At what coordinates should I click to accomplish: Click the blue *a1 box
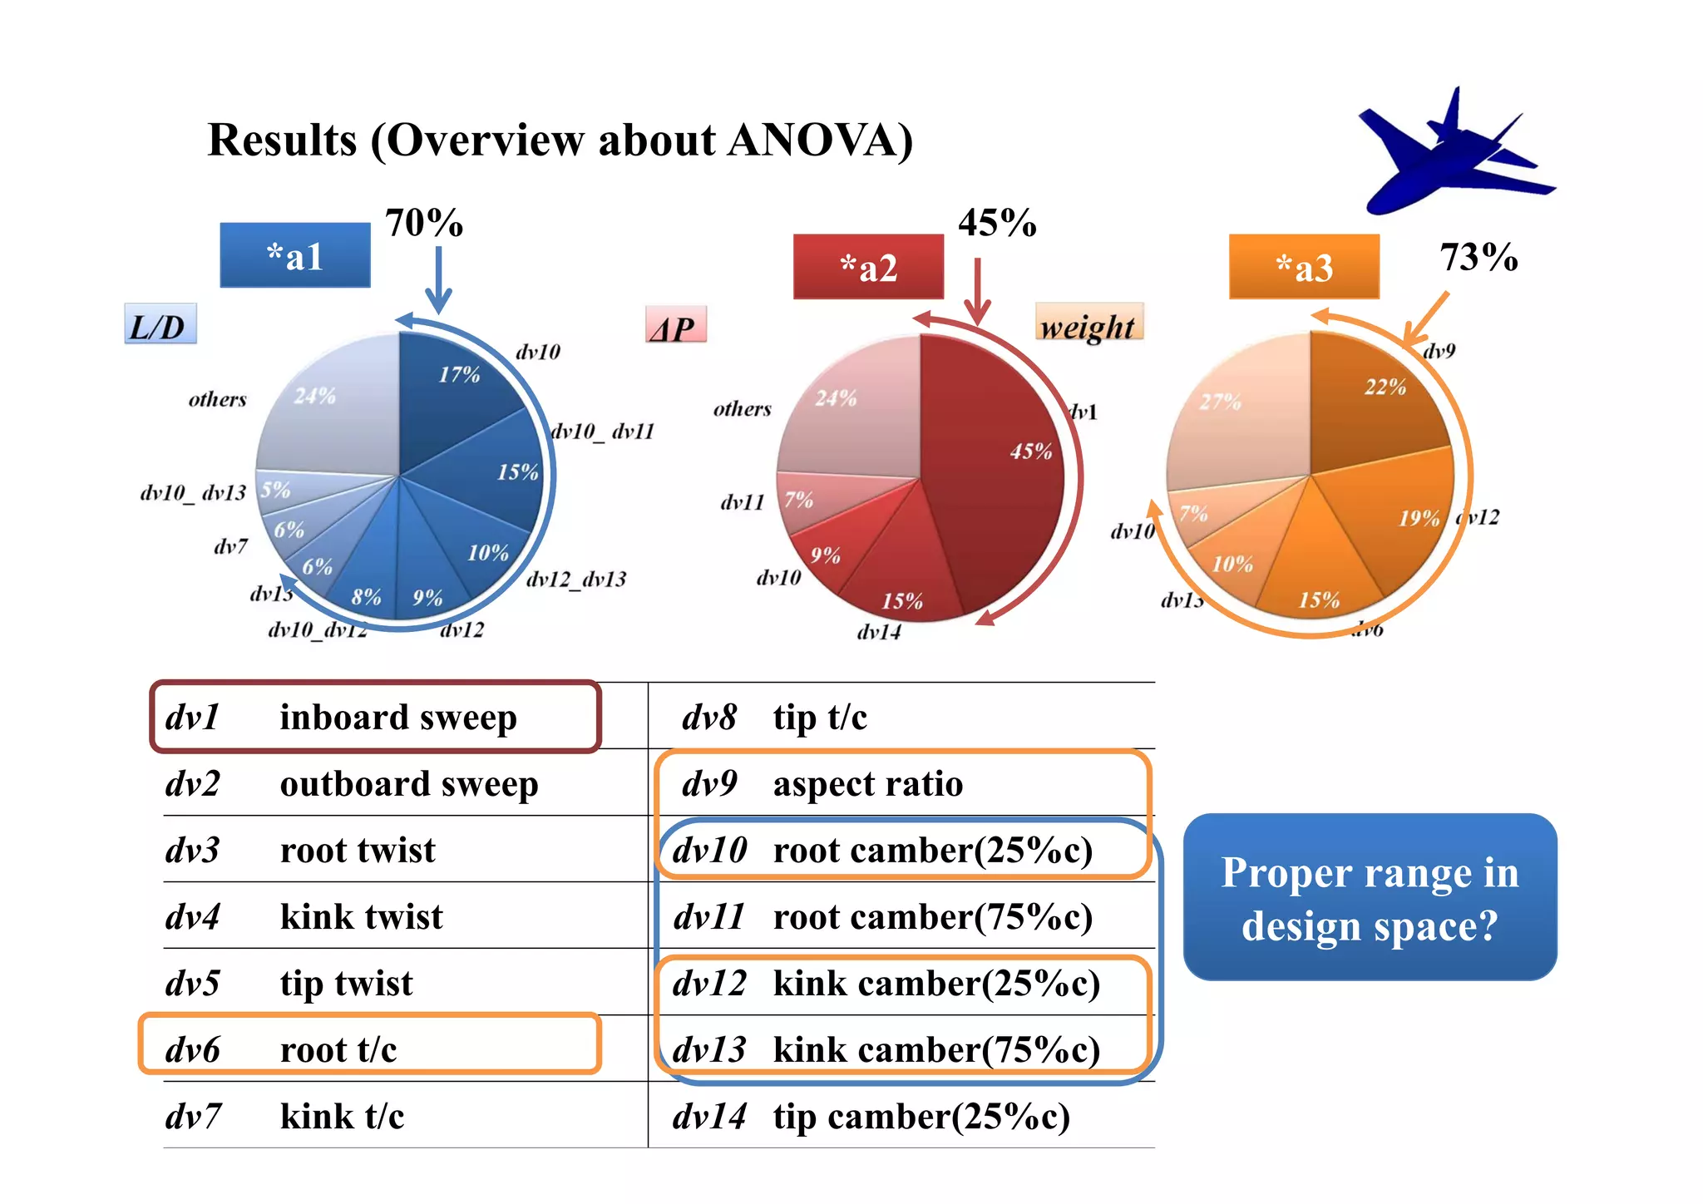pos(294,256)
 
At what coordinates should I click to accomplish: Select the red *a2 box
pos(868,268)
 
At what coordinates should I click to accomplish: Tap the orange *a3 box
pos(1304,268)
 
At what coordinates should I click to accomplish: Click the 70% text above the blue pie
pos(423,224)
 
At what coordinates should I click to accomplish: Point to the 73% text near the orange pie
pos(1478,258)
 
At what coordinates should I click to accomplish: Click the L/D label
pos(160,325)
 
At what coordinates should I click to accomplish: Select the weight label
pos(1088,325)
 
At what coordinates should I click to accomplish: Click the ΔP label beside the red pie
pos(675,327)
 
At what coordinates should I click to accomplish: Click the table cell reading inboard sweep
pos(397,718)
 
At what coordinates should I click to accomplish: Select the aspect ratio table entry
pos(867,784)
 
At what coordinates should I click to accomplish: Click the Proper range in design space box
pos(1370,898)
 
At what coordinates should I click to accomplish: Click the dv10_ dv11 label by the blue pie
pos(603,432)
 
